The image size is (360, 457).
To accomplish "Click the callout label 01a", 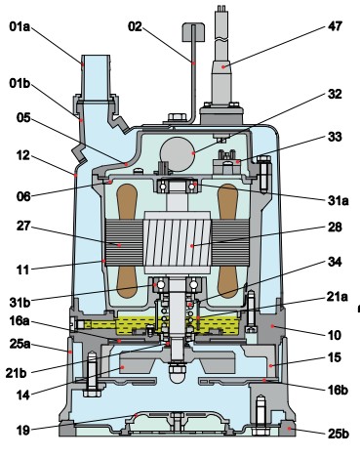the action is pos(20,26).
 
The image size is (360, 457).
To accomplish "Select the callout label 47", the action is pos(335,26).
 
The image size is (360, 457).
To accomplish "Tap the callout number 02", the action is pos(135,26).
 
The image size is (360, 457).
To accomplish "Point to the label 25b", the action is pos(339,434).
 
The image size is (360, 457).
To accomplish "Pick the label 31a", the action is pos(339,200).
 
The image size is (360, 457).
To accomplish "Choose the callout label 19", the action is pos(23,431).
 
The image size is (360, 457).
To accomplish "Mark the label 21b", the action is pos(16,373).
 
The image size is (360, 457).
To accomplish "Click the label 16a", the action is pos(20,321).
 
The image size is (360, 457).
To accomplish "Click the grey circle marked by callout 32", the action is pos(178,154).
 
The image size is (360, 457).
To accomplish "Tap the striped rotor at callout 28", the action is pos(178,243).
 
